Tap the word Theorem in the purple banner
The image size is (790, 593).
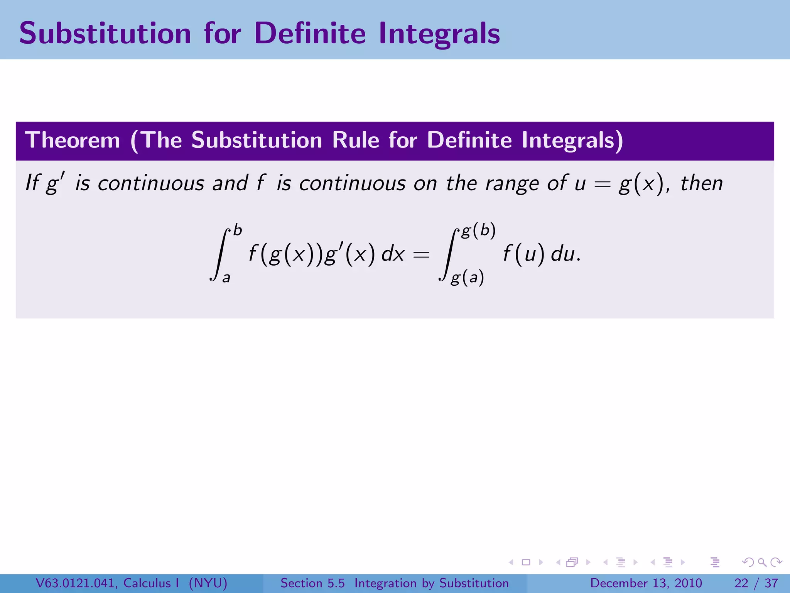pos(73,140)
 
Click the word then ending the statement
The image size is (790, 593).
pos(701,183)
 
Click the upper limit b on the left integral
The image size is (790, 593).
pos(238,230)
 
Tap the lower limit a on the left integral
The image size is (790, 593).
pos(226,277)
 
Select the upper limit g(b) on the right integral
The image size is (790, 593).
pos(478,230)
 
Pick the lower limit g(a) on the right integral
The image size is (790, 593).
pos(467,277)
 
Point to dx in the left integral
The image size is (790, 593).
pos(393,254)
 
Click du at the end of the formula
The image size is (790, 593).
pos(562,254)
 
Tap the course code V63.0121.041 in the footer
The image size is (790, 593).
pos(77,583)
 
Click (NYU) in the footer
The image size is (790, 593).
pos(208,583)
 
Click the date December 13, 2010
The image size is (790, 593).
pos(646,583)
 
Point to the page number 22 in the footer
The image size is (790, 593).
pos(741,583)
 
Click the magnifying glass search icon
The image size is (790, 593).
pos(762,562)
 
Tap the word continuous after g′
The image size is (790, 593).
pos(151,183)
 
